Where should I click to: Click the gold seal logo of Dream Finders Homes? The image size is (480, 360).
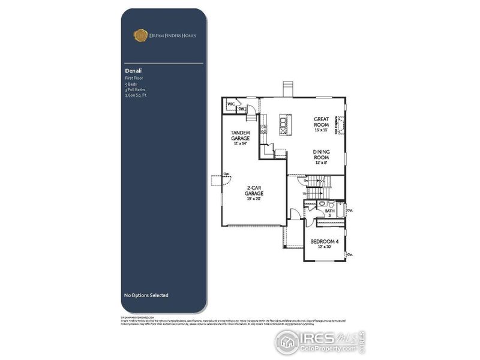point(140,35)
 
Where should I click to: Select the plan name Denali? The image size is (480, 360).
point(132,71)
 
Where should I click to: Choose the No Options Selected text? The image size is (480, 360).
point(146,295)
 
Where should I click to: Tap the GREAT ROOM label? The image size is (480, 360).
point(322,122)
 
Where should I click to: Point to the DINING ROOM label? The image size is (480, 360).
point(322,154)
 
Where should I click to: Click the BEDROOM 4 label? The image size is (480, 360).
point(324,242)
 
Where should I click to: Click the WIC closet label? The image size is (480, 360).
point(230,104)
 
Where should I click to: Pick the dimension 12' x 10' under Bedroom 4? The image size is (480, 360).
point(324,248)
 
